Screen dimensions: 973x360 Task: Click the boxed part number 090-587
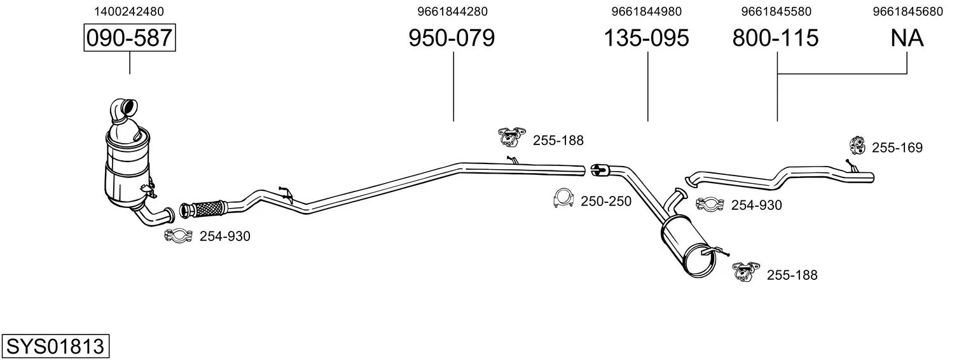point(130,38)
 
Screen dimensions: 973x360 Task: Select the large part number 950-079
point(452,38)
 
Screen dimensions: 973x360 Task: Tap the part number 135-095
point(646,38)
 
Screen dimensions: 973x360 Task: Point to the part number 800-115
point(775,38)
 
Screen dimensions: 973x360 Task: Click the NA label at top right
point(907,38)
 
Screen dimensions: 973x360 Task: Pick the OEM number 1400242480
point(129,11)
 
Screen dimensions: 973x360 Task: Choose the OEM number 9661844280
point(453,11)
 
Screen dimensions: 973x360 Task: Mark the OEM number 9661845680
point(908,11)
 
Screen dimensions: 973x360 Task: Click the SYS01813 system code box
point(55,347)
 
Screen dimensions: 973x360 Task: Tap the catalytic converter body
point(128,167)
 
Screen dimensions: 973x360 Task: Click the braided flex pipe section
point(207,209)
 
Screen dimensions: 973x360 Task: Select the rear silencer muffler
point(689,246)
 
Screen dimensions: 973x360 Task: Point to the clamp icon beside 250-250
point(564,198)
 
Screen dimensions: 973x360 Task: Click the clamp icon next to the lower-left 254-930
point(178,236)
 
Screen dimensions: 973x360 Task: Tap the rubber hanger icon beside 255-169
point(857,146)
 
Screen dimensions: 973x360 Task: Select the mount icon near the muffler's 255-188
point(745,272)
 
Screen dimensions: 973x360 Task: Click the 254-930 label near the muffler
point(756,205)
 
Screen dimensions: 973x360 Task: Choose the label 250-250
point(606,201)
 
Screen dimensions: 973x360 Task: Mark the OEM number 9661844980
point(646,11)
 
